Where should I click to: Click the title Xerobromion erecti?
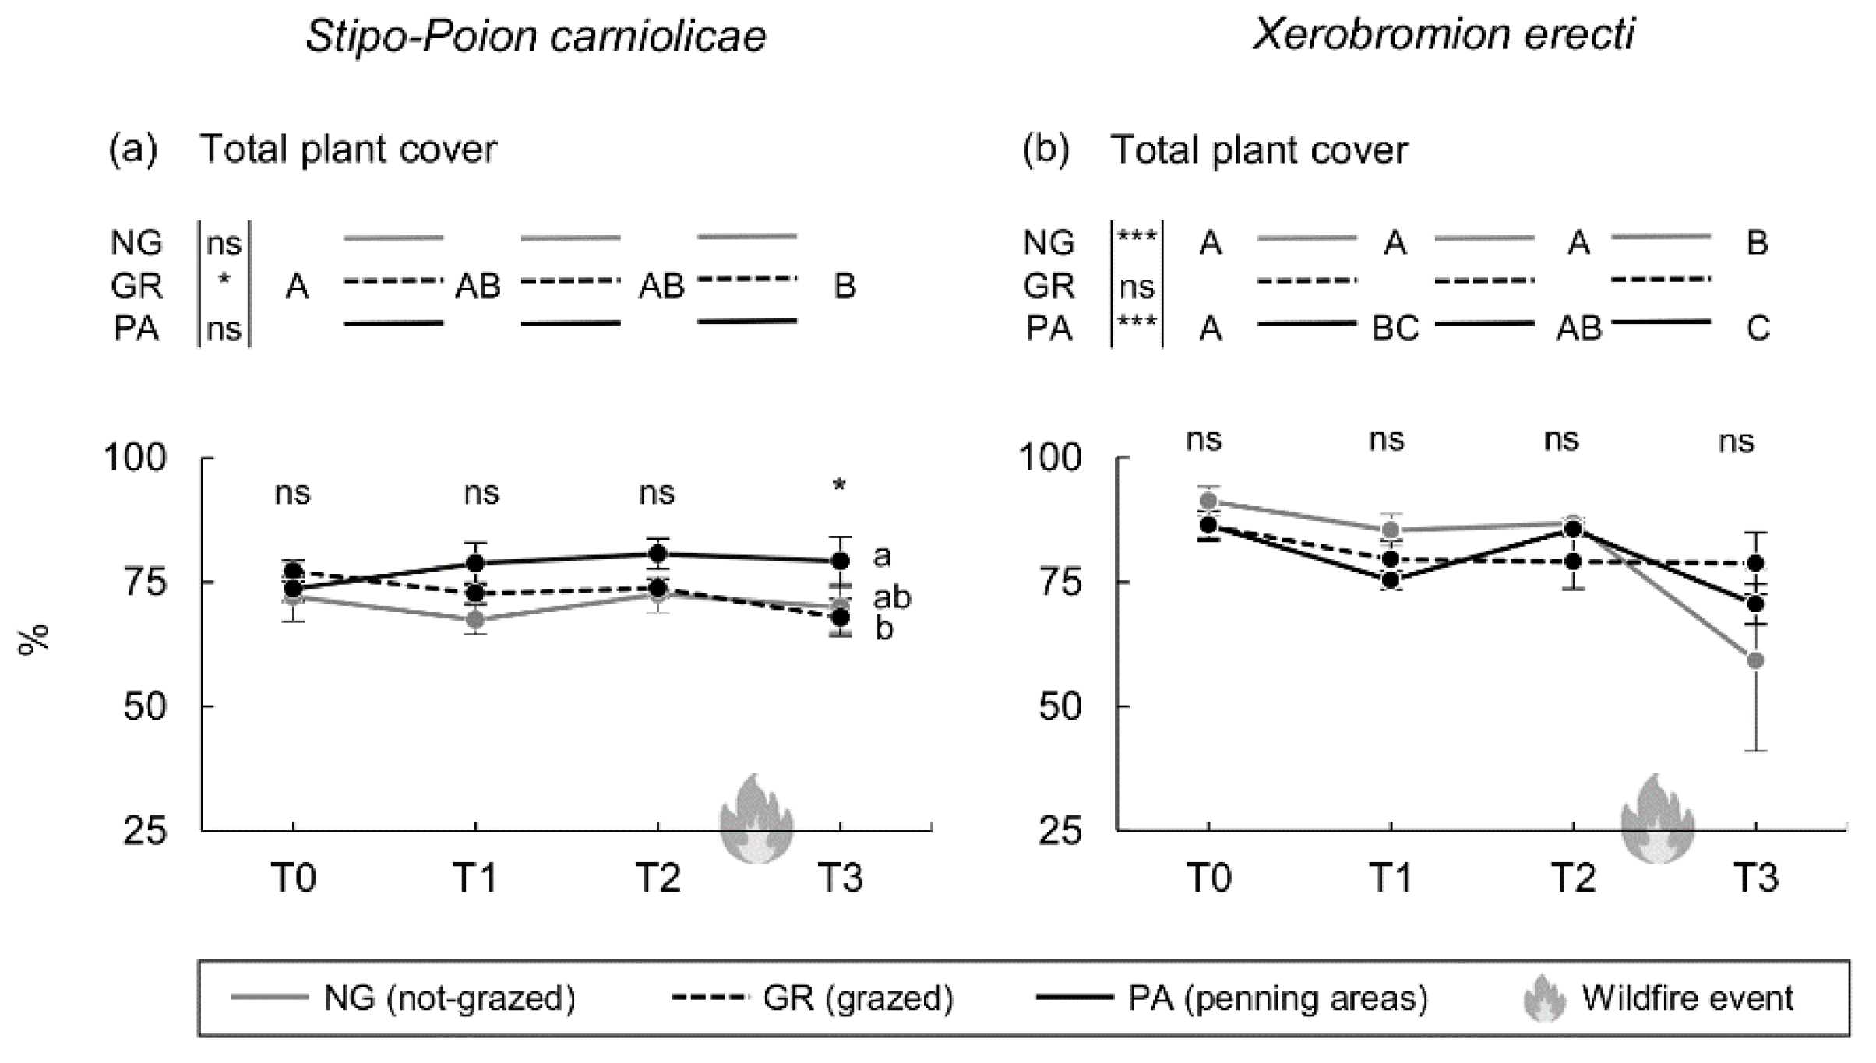click(x=1443, y=35)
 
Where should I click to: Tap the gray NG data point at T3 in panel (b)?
click(x=1755, y=660)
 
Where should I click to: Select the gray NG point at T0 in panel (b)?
click(x=1208, y=501)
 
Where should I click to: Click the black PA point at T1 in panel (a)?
click(x=476, y=563)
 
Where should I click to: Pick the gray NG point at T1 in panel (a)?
click(x=476, y=620)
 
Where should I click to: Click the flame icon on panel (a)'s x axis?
click(x=756, y=819)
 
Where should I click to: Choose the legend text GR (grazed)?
click(x=857, y=998)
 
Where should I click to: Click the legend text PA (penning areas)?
click(x=1278, y=998)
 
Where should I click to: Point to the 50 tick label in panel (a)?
click(x=145, y=707)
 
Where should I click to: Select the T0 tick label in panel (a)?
click(x=293, y=878)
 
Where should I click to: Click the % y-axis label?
click(x=33, y=640)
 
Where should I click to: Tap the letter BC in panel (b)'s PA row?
click(x=1395, y=329)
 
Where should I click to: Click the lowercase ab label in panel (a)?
click(x=891, y=597)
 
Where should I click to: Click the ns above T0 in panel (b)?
click(x=1204, y=441)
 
